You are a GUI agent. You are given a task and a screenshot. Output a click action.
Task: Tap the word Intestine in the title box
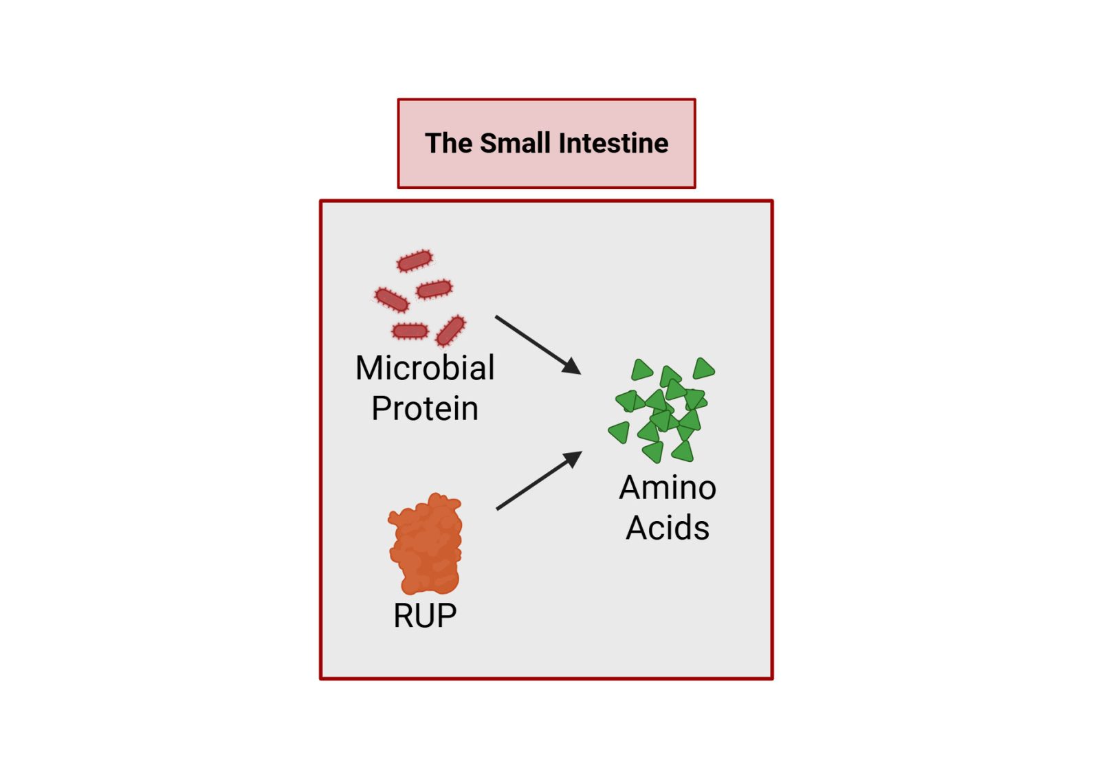click(613, 144)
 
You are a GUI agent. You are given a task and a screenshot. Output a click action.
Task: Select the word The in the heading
click(448, 144)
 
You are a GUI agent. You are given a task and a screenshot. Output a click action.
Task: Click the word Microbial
click(425, 368)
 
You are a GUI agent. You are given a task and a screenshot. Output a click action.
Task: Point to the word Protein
click(425, 408)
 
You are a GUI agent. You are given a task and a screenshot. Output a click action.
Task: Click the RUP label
click(425, 616)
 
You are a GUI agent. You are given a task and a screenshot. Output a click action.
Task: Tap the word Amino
click(668, 488)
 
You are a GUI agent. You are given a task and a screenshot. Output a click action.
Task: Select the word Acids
click(668, 528)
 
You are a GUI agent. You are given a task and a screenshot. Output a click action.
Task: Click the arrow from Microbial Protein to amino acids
click(536, 344)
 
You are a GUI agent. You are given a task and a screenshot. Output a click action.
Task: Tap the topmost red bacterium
click(415, 261)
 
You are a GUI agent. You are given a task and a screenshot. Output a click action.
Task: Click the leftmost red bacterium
click(391, 300)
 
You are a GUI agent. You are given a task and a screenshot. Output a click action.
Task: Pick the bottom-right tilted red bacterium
click(450, 331)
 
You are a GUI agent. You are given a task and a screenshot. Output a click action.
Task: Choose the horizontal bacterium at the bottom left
click(410, 331)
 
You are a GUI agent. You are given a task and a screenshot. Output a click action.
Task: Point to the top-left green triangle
click(641, 371)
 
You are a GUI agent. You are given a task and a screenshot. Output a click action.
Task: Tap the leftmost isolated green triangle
click(620, 432)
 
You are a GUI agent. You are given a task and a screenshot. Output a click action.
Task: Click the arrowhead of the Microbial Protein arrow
click(573, 366)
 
